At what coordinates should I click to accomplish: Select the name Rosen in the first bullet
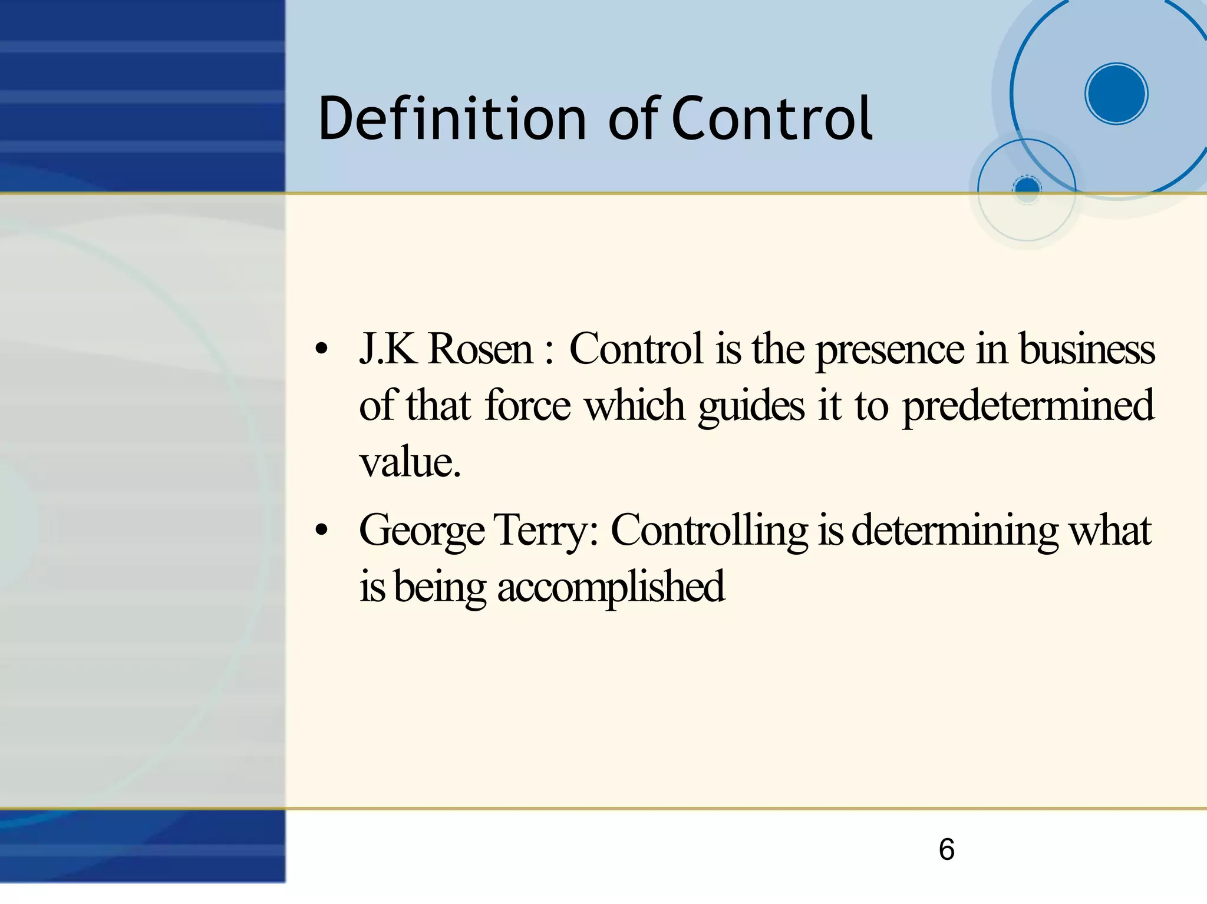tap(480, 349)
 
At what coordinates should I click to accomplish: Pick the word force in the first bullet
tap(527, 405)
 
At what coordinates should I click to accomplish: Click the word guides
tap(751, 406)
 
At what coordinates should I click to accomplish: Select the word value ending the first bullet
tap(409, 462)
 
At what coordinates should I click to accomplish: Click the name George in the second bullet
tap(421, 531)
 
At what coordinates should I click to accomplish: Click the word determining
tap(955, 531)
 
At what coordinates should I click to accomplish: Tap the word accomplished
tap(611, 587)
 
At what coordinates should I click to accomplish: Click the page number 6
tap(946, 849)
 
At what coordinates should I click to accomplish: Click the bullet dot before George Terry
tap(321, 531)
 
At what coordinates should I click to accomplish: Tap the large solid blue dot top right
tap(1116, 94)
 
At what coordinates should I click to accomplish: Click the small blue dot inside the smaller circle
tap(1027, 188)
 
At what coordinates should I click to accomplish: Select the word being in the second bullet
tap(440, 587)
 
